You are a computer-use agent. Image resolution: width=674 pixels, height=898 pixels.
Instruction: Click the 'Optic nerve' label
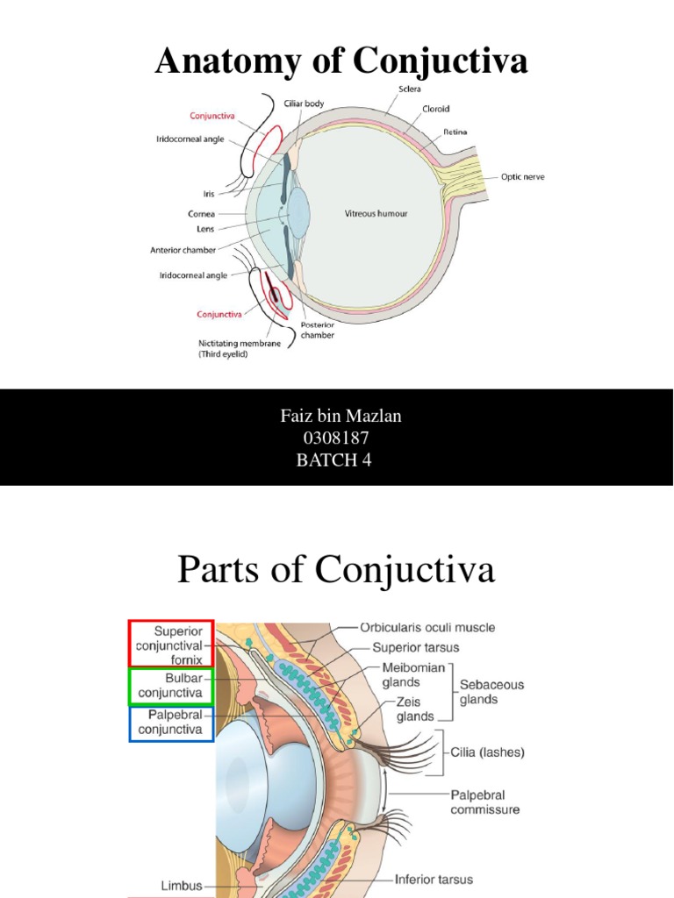click(x=522, y=176)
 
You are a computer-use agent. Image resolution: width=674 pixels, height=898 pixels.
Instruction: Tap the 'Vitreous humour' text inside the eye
click(x=375, y=213)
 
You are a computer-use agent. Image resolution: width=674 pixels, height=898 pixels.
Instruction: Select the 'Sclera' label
click(x=409, y=89)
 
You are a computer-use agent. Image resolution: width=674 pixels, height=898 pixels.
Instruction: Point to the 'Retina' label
click(x=455, y=132)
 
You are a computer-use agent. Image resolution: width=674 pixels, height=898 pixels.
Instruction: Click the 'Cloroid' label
click(x=436, y=109)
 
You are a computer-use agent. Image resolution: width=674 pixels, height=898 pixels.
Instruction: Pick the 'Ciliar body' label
click(x=304, y=103)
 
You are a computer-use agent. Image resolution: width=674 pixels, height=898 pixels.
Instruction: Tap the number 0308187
click(x=337, y=438)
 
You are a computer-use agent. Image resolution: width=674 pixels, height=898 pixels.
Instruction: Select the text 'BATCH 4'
click(x=337, y=460)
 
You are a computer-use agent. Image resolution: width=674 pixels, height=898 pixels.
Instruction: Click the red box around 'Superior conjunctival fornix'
click(x=171, y=645)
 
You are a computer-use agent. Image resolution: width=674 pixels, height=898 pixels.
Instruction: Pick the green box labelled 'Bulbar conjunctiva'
click(x=171, y=686)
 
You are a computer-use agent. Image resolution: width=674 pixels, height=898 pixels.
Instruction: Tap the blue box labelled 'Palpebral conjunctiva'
click(x=171, y=723)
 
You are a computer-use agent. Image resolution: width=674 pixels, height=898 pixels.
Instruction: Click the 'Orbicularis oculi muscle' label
click(x=427, y=627)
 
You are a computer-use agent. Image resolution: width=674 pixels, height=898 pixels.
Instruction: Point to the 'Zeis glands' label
click(x=408, y=709)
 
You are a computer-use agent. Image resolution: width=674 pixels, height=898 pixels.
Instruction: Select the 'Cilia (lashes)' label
click(x=488, y=752)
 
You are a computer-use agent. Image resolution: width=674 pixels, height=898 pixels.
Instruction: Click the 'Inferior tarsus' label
click(x=434, y=879)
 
